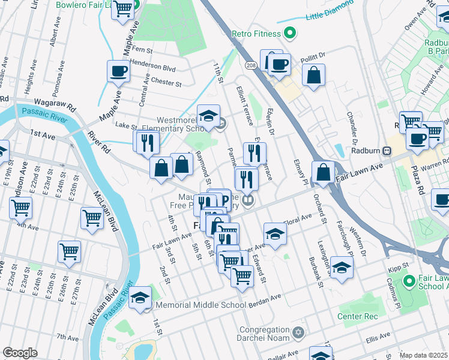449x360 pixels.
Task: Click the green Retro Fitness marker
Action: pyautogui.click(x=291, y=33)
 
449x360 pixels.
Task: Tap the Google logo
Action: pyautogui.click(x=20, y=353)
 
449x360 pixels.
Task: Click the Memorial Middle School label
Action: pyautogui.click(x=200, y=305)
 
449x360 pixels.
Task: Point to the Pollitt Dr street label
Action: pyautogui.click(x=313, y=54)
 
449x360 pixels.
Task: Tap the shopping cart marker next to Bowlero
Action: pyautogui.click(x=122, y=9)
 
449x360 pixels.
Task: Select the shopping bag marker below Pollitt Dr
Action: pyautogui.click(x=313, y=76)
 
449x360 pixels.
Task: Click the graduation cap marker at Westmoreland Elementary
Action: pyautogui.click(x=208, y=115)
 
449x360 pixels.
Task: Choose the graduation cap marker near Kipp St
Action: pyautogui.click(x=342, y=269)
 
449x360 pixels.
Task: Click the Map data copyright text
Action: pyautogui.click(x=423, y=355)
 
